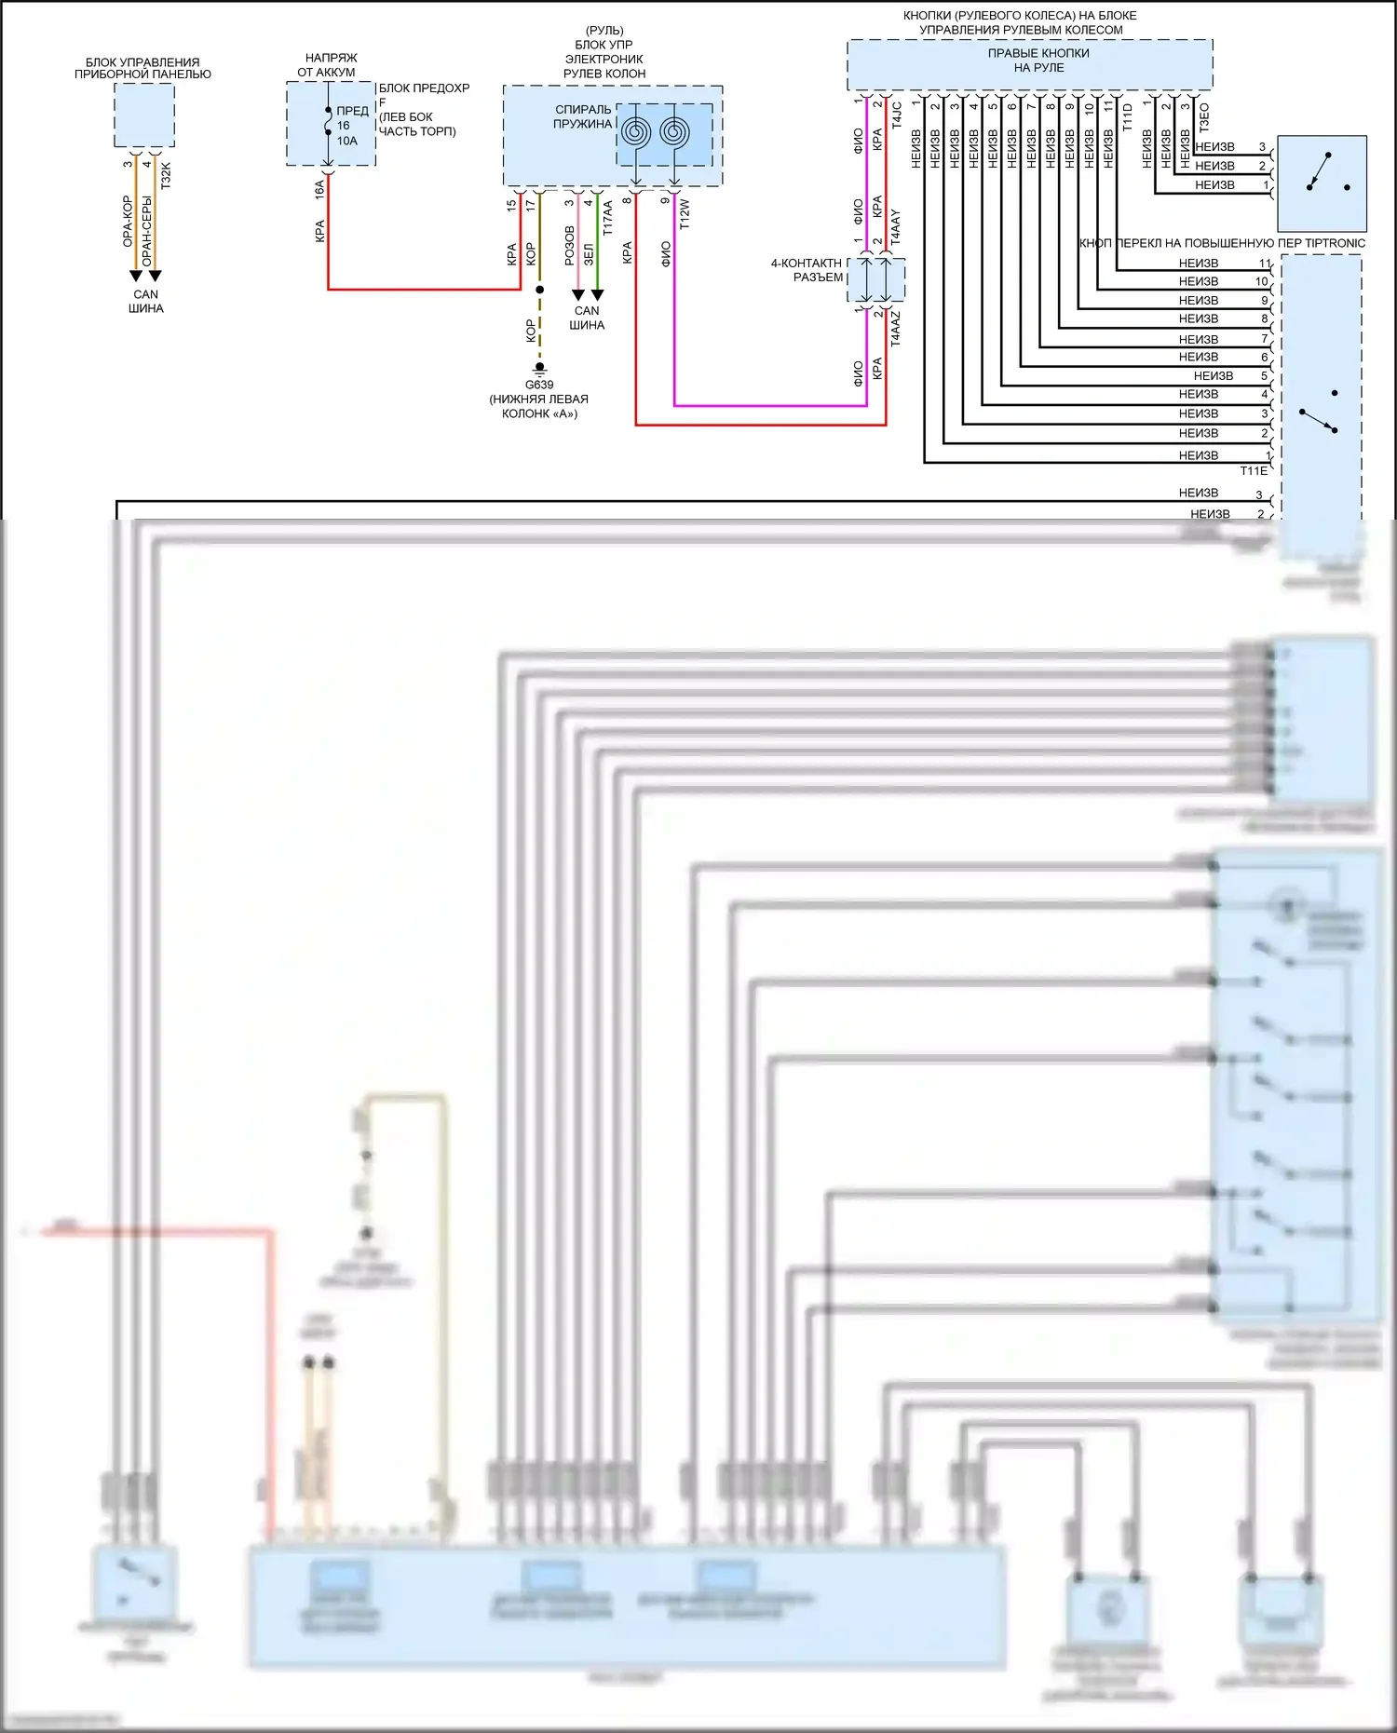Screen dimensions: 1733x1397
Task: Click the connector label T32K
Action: point(166,176)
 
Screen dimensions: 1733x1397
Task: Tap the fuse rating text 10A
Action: point(346,141)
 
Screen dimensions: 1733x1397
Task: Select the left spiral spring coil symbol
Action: point(636,131)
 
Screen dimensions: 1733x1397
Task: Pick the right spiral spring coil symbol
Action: point(674,131)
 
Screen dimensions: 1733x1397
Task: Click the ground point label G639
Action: point(539,385)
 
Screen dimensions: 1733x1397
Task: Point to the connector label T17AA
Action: point(607,217)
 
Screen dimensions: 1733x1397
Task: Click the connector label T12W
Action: point(685,213)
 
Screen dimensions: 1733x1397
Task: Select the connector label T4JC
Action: point(897,115)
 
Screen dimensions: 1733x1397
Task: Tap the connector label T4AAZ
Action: point(896,329)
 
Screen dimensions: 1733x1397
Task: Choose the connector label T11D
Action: point(1127,116)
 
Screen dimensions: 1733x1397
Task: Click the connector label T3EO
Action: point(1204,116)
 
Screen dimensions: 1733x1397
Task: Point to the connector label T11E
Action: point(1254,471)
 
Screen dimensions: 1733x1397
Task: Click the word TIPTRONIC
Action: point(1335,243)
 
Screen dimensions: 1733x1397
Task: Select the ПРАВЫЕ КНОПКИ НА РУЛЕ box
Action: point(1029,64)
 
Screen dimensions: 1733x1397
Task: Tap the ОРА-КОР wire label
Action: point(128,222)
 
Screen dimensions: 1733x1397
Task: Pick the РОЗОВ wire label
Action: point(569,246)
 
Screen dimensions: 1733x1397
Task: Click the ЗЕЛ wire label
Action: point(588,254)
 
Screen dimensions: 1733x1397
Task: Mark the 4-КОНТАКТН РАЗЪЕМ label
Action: point(807,270)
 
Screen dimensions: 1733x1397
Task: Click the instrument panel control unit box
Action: point(144,115)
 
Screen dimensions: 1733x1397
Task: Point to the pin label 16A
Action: point(319,189)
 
